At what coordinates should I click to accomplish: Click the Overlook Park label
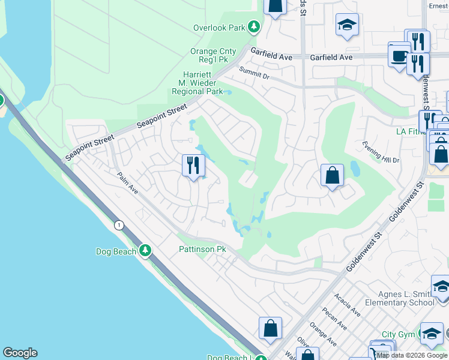[219, 28]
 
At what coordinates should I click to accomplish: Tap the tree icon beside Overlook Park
[255, 27]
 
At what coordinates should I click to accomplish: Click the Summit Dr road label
[255, 73]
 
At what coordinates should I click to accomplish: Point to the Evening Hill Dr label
[381, 152]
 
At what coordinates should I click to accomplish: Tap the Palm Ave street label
[128, 184]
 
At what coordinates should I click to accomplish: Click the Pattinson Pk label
[202, 249]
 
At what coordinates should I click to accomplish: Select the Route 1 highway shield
[119, 224]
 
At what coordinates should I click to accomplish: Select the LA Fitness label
[410, 131]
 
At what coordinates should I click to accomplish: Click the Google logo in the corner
[20, 353]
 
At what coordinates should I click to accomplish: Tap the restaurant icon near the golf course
[193, 165]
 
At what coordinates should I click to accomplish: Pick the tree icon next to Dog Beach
[145, 251]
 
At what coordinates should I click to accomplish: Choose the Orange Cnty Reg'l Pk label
[213, 56]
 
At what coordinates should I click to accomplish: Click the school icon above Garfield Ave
[347, 25]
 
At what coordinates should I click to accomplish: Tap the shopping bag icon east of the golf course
[332, 175]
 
